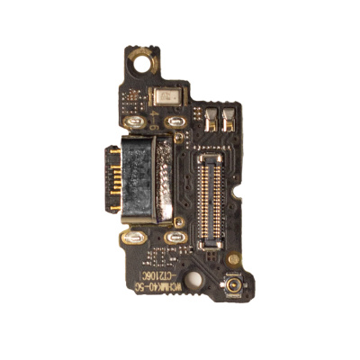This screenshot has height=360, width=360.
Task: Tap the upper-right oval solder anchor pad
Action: (175, 121)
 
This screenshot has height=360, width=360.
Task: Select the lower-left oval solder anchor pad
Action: (135, 238)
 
